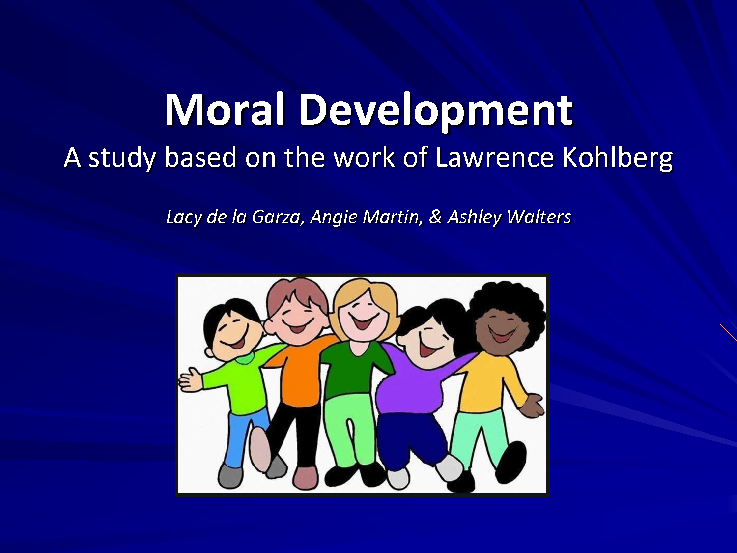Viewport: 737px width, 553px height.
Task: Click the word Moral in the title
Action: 224,110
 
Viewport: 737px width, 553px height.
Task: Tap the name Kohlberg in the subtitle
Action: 618,157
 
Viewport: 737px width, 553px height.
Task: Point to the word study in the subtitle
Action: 122,158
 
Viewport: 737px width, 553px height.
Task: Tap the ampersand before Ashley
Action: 435,217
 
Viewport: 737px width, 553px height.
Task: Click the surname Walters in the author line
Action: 539,217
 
